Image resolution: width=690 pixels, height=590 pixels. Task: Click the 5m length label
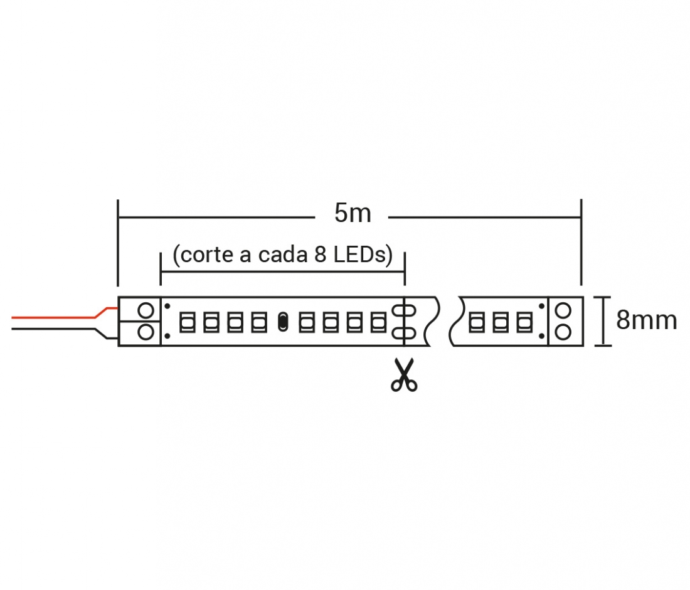click(353, 213)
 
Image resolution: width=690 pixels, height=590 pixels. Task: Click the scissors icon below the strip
click(404, 375)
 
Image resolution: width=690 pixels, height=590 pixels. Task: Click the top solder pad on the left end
click(146, 310)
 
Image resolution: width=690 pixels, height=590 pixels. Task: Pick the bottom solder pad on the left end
click(146, 332)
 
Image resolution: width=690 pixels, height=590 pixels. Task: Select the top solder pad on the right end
click(563, 310)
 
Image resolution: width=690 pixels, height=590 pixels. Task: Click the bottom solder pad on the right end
click(563, 332)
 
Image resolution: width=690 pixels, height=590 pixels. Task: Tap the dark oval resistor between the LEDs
click(283, 322)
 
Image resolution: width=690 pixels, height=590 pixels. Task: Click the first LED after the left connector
click(188, 322)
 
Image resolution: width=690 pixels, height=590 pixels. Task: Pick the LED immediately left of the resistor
click(259, 322)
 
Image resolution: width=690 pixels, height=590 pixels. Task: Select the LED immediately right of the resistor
click(307, 322)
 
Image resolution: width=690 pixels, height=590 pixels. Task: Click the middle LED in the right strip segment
click(501, 322)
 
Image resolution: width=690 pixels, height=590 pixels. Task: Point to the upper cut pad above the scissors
click(405, 310)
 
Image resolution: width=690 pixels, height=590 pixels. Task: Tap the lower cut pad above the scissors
click(405, 333)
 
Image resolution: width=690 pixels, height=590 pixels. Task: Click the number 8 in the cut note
click(320, 255)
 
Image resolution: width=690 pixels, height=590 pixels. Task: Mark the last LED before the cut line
click(378, 322)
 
